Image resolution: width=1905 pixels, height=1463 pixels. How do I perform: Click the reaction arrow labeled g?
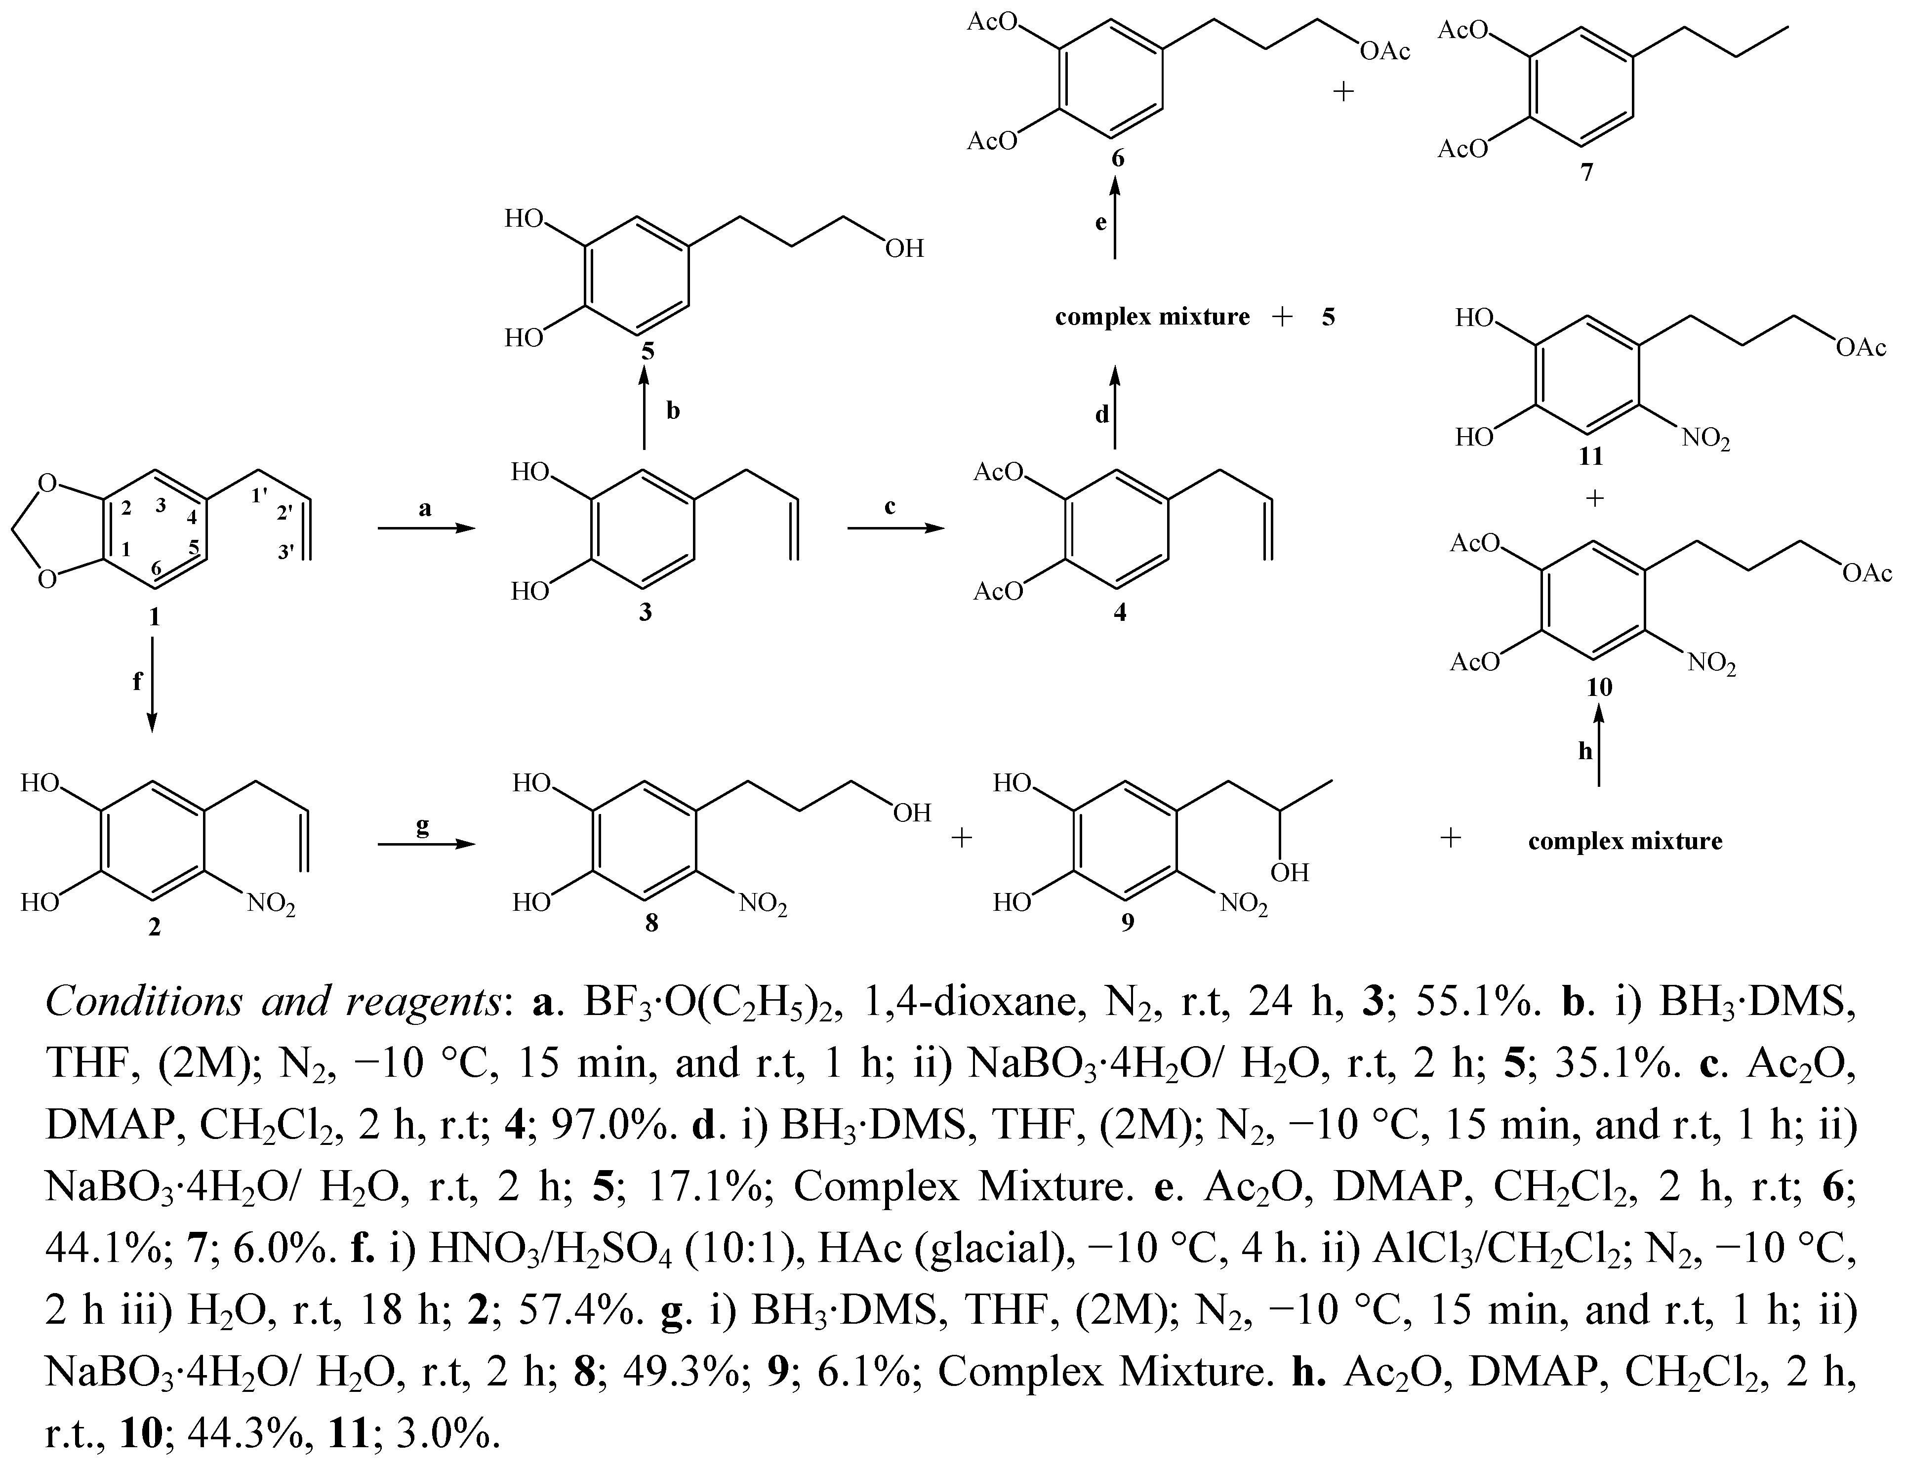point(427,844)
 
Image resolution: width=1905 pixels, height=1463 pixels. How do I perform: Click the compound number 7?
point(1586,172)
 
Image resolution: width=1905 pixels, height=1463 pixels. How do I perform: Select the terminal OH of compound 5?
point(905,250)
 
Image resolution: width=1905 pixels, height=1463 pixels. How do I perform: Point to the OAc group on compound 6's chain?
point(1384,52)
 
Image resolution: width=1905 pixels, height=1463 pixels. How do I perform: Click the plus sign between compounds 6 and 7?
point(1343,91)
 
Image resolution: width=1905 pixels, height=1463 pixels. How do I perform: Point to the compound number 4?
point(1120,612)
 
